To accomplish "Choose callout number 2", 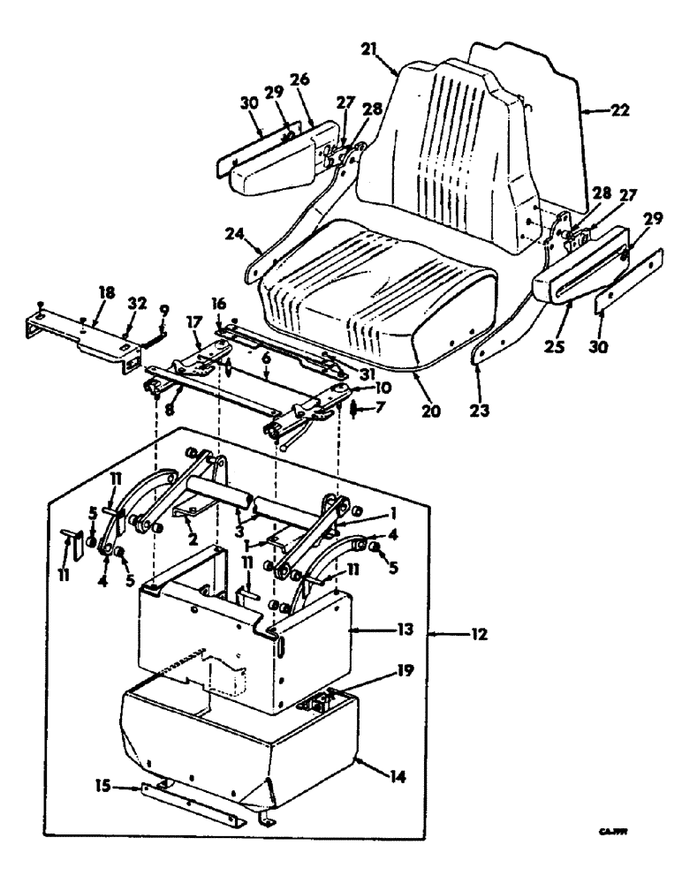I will [x=190, y=537].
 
